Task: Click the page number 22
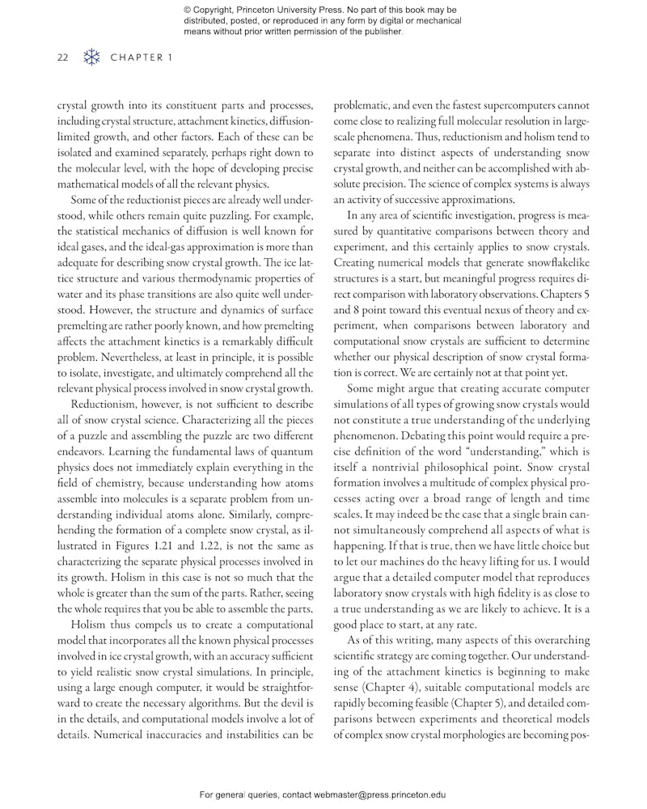[x=63, y=58]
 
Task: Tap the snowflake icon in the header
[x=93, y=58]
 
